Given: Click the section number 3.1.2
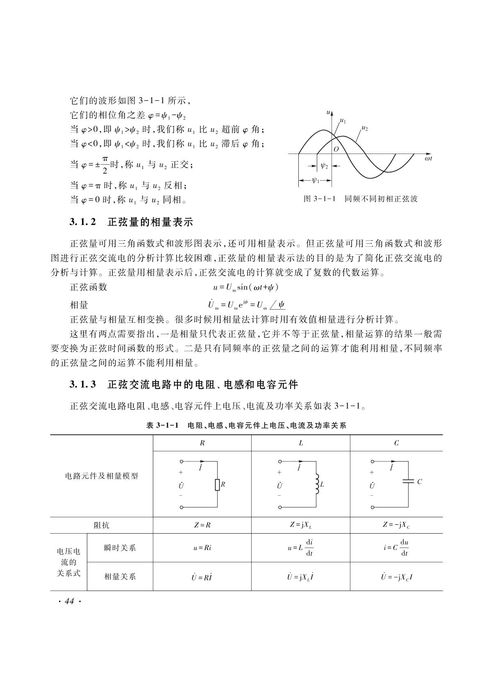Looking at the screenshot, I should click(83, 222).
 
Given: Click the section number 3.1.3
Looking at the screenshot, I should click(83, 385).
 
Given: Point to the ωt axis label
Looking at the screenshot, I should click(429, 158).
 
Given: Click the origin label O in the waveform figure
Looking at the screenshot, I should click(336, 149).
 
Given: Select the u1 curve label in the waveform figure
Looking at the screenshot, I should click(343, 121).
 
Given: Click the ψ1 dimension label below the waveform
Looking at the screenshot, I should click(316, 179).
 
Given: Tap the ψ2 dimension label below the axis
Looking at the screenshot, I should click(324, 166).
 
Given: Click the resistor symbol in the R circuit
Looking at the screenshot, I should click(217, 485).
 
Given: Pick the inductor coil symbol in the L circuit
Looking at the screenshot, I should click(316, 484).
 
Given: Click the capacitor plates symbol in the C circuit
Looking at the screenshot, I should click(409, 481).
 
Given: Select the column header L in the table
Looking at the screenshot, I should click(301, 443).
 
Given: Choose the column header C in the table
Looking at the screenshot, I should click(396, 443).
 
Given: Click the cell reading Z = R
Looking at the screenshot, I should click(202, 525).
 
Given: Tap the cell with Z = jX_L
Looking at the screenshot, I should click(300, 525).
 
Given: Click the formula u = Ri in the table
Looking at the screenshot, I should click(202, 548).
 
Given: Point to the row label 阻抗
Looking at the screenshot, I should click(101, 525).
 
